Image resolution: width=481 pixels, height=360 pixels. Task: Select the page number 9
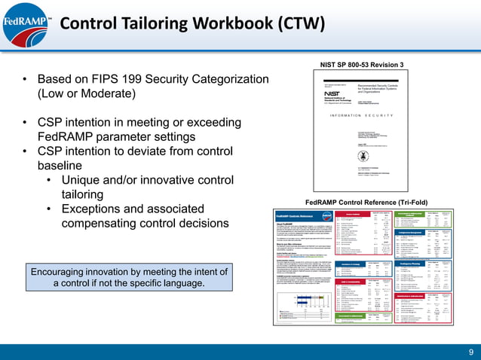point(470,351)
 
